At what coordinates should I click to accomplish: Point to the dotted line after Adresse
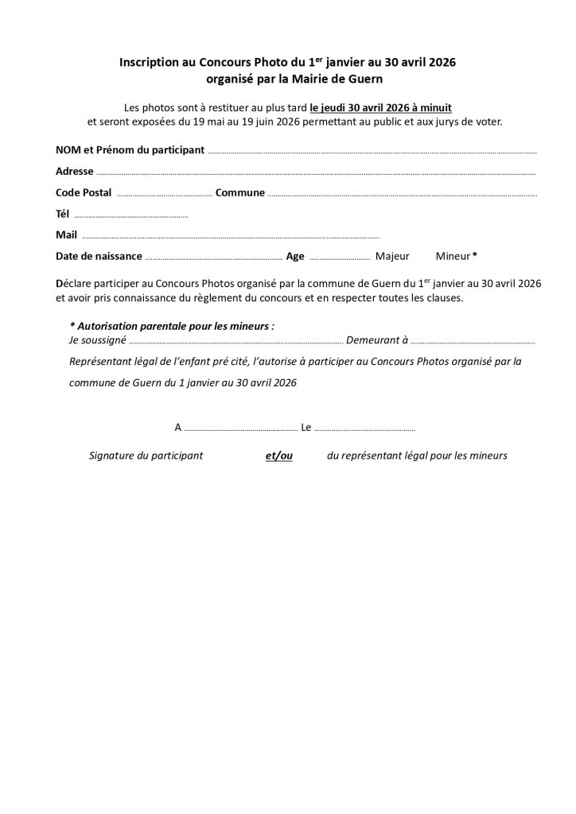pos(315,172)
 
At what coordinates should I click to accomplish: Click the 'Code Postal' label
pos(84,193)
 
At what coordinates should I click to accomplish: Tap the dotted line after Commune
pos(402,194)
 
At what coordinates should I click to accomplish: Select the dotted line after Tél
pos(130,215)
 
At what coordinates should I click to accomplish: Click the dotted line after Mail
pos(230,236)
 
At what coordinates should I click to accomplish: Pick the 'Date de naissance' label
pos(99,257)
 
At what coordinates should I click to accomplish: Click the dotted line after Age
pos(339,258)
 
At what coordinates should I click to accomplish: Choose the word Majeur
pos(392,257)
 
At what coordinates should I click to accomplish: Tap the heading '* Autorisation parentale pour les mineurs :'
pos(173,327)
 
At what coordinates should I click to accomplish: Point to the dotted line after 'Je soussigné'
pos(235,342)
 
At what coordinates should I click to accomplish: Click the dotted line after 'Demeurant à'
pos(473,342)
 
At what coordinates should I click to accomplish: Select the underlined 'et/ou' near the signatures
pos(279,456)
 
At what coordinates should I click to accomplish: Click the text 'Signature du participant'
pos(146,456)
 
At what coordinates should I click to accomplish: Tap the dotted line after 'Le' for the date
pos(364,429)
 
